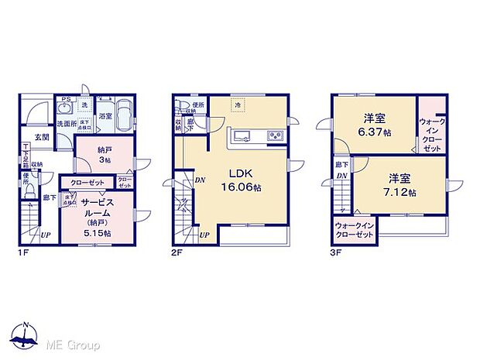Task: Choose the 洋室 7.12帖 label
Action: pyautogui.click(x=399, y=184)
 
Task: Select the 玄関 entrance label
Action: pyautogui.click(x=42, y=137)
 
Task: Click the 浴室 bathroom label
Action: pyautogui.click(x=104, y=116)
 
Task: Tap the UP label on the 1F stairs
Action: pyautogui.click(x=46, y=235)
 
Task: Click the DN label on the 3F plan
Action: pyautogui.click(x=341, y=177)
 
